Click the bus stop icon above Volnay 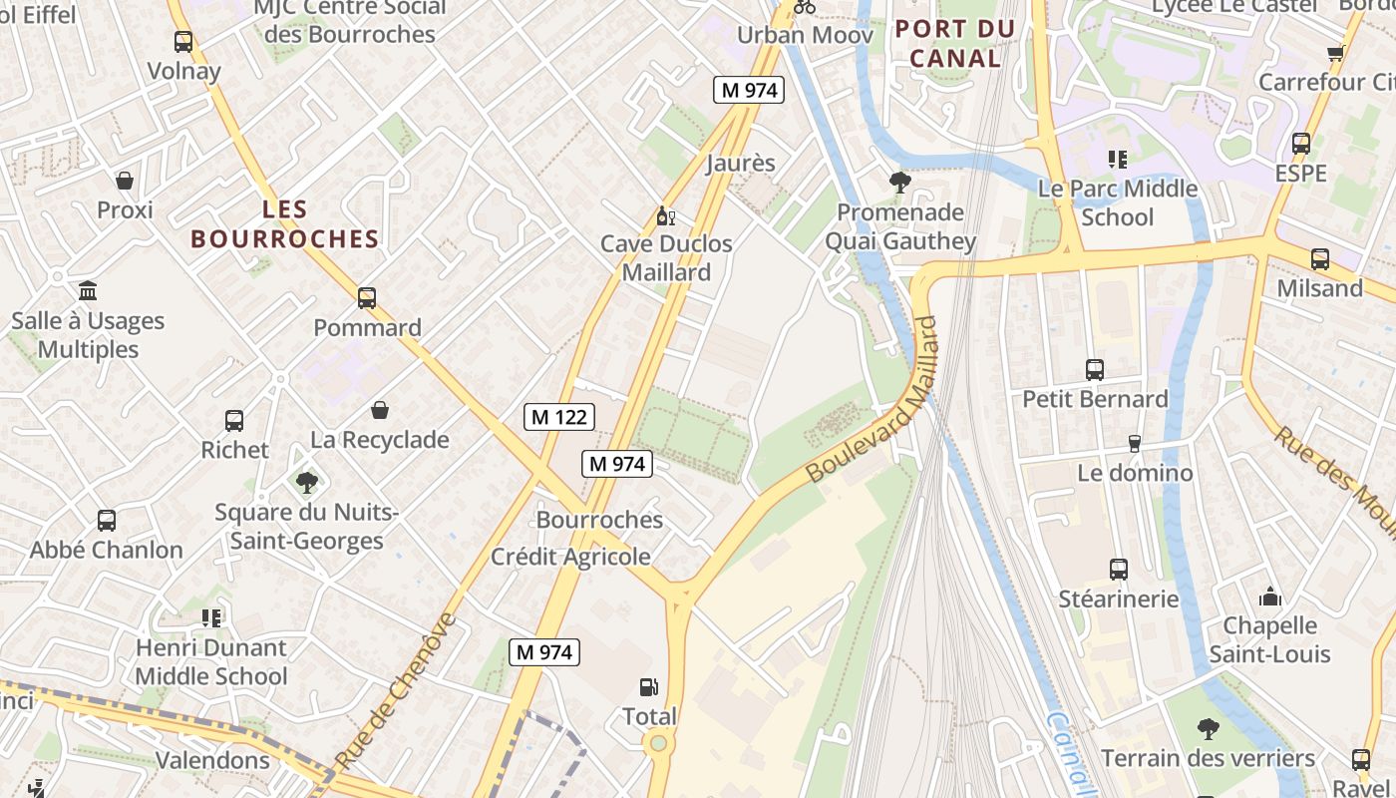[x=183, y=42]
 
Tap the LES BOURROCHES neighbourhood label [x=285, y=224]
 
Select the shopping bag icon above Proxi [x=125, y=181]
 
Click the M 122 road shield [x=558, y=417]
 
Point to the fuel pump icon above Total [x=649, y=686]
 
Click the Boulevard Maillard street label [x=874, y=401]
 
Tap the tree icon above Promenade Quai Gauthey [x=900, y=183]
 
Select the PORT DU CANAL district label [x=955, y=44]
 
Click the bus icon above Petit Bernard [x=1095, y=370]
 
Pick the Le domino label [x=1135, y=472]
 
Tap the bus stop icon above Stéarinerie [x=1119, y=570]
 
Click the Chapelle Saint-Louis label [x=1269, y=639]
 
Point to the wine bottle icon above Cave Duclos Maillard [x=665, y=215]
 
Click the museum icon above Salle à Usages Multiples [x=88, y=291]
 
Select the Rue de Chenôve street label [x=396, y=689]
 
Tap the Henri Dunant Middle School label [x=210, y=661]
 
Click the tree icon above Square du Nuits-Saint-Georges [x=307, y=483]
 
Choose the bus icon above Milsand [x=1320, y=259]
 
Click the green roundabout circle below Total [x=657, y=743]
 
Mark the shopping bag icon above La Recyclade [x=380, y=410]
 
